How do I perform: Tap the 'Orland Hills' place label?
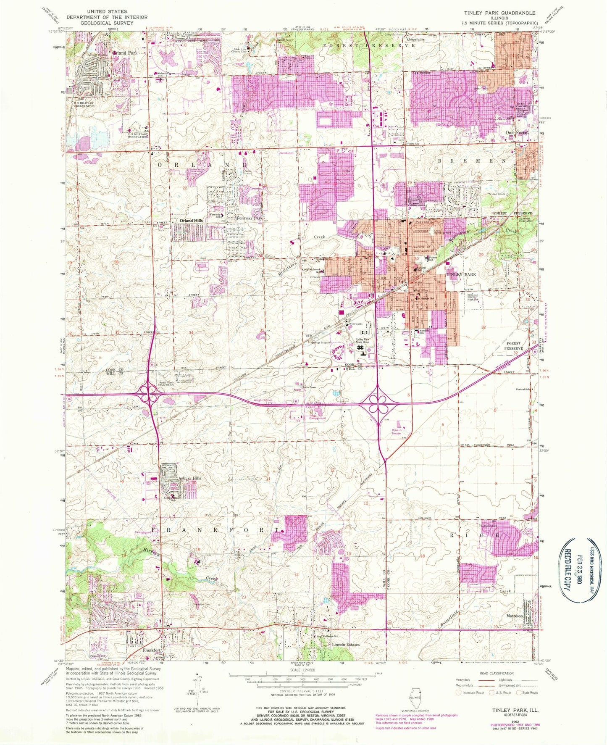pyautogui.click(x=191, y=221)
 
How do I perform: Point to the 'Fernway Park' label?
pyautogui.click(x=250, y=218)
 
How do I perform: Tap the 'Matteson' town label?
pyautogui.click(x=514, y=616)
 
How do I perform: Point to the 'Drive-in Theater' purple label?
pyautogui.click(x=397, y=432)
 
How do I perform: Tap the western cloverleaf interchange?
pyautogui.click(x=149, y=394)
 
